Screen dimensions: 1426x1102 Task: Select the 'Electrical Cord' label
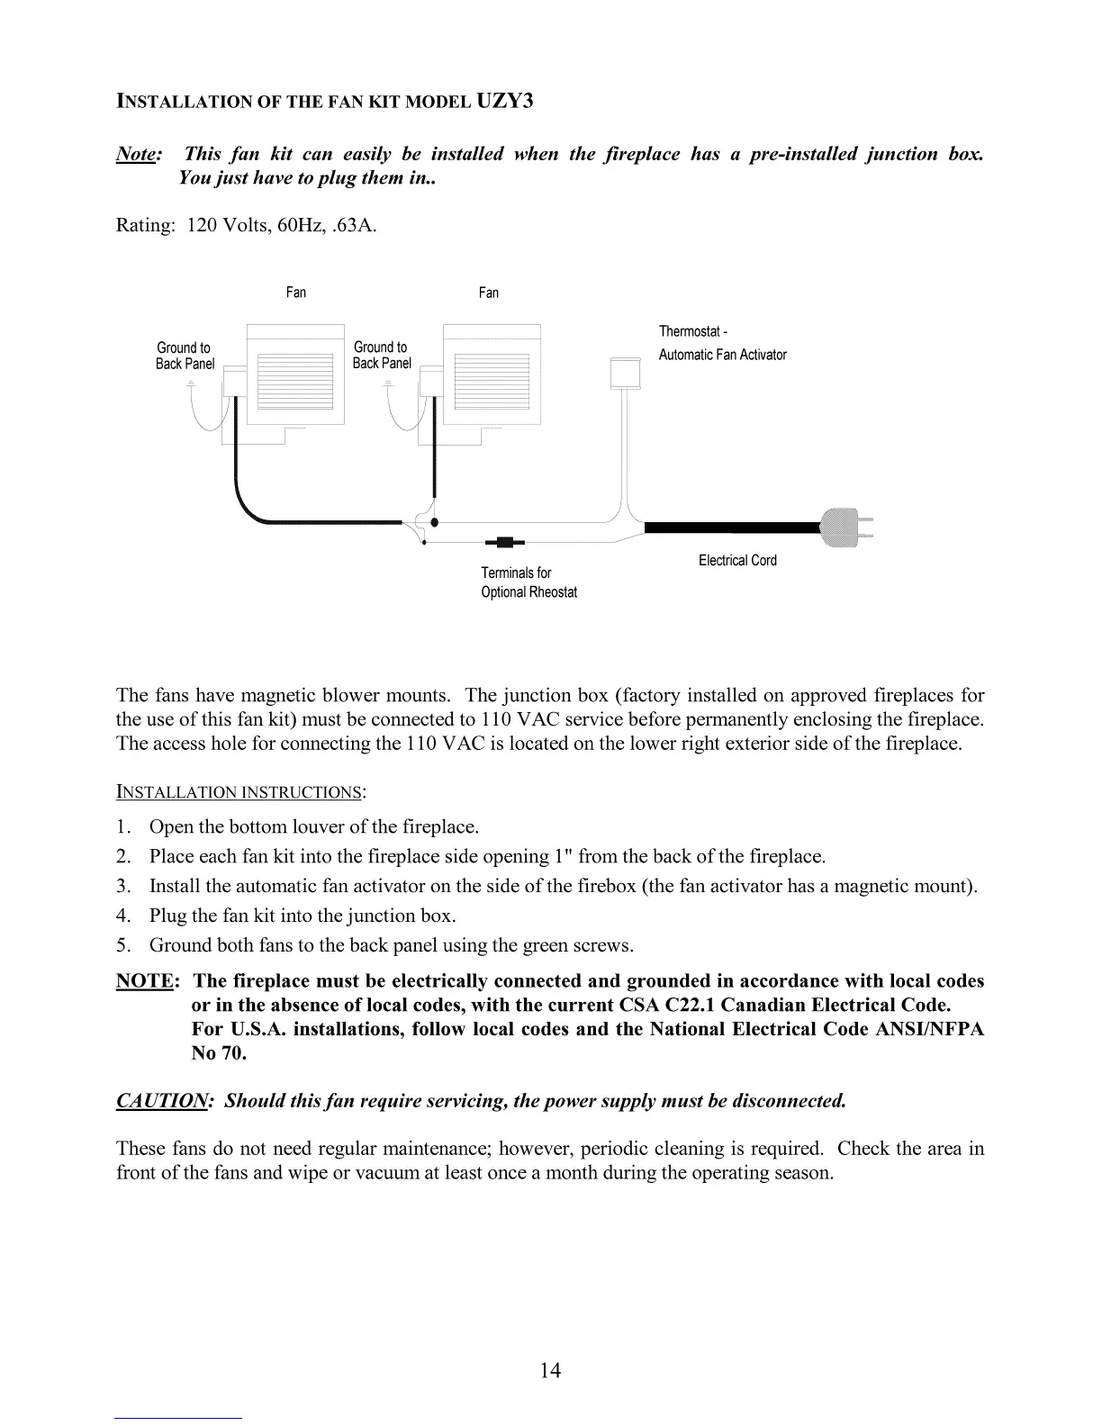coord(737,561)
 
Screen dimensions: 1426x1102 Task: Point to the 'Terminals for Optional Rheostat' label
coord(528,582)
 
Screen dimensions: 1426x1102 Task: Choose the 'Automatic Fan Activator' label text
coord(722,355)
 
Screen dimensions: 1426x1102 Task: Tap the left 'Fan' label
coord(296,293)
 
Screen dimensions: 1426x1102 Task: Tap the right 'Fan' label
coord(489,293)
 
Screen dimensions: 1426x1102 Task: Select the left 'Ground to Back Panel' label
coord(185,356)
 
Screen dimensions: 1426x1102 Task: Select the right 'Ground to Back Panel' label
coord(382,355)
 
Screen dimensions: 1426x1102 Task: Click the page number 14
coord(550,1370)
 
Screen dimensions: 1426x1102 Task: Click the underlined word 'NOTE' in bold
coord(143,981)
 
